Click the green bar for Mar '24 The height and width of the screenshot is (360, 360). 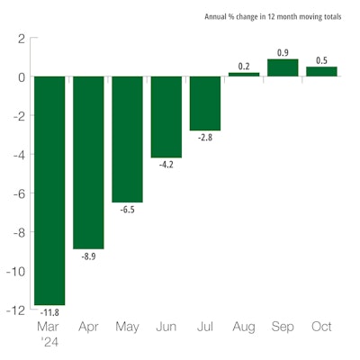49,190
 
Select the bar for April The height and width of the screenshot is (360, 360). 88,162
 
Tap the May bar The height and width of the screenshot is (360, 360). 127,139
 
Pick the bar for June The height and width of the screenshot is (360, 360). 166,117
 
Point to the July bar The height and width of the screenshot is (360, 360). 205,103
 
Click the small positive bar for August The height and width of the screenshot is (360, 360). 244,74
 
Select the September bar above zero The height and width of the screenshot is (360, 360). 283,67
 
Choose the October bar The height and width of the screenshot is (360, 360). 321,71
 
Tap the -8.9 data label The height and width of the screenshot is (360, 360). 88,256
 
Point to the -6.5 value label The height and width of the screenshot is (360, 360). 127,210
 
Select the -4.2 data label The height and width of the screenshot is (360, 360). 166,165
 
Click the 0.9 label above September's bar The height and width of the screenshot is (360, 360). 283,51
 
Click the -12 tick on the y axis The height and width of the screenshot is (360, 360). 14,310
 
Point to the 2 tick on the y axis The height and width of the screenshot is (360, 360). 20,39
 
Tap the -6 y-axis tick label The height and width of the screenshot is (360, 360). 17,193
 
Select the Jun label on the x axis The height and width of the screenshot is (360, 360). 166,327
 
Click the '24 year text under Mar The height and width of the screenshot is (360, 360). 49,342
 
